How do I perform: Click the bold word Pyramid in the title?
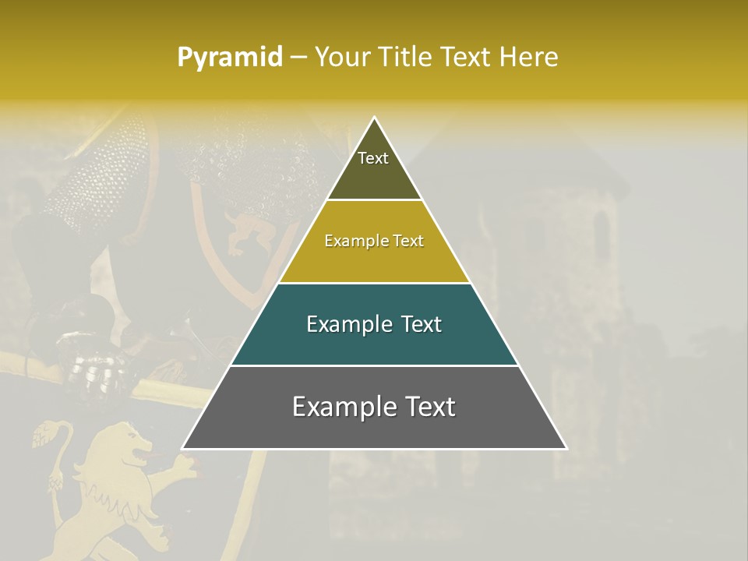229,57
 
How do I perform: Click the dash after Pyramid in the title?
298,57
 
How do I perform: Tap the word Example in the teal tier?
348,324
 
